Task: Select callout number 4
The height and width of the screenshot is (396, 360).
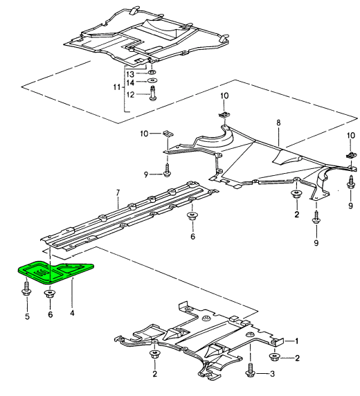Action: [72, 314]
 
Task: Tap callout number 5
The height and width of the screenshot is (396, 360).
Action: [27, 316]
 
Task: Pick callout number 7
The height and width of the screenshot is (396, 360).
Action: [118, 193]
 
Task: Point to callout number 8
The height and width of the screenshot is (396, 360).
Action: [278, 123]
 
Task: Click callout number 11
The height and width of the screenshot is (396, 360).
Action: [117, 87]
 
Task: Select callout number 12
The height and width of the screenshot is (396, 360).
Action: [130, 95]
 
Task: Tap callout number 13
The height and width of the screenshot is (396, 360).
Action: [130, 74]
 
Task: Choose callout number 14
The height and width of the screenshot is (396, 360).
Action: [130, 82]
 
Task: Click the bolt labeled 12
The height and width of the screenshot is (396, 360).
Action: [153, 93]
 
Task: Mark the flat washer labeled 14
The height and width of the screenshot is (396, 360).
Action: [152, 81]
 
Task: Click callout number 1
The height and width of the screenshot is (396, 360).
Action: [297, 341]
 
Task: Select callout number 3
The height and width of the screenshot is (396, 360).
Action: [272, 374]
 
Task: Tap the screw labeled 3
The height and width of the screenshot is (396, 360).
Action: [250, 370]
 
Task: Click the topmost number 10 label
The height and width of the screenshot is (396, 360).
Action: [224, 96]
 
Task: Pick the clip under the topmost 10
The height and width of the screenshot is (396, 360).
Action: [224, 115]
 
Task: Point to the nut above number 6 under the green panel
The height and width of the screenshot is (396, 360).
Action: [50, 294]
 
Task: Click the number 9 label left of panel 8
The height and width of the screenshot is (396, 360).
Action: [146, 174]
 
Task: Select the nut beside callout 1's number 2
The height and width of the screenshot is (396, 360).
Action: [274, 357]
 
